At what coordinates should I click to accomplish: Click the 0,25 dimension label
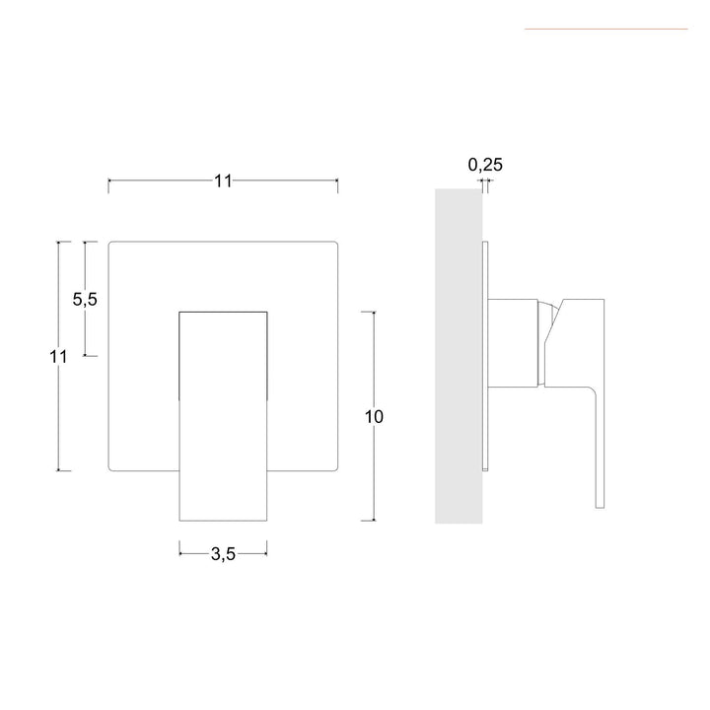click(485, 165)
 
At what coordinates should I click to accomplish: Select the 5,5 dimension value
click(85, 300)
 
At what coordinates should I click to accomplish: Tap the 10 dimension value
click(373, 416)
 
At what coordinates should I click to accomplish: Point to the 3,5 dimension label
click(223, 553)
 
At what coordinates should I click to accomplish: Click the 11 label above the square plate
click(222, 180)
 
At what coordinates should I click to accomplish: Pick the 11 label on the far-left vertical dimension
click(58, 357)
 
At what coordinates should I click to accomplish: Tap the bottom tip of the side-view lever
click(599, 507)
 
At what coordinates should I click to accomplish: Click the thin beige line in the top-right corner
click(605, 29)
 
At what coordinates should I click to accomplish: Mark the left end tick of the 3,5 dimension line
click(179, 553)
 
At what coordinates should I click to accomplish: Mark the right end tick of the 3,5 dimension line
click(267, 553)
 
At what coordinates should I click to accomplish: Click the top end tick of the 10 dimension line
click(373, 312)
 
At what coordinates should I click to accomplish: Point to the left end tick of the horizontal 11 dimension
click(108, 180)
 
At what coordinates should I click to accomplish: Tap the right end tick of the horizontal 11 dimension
click(337, 180)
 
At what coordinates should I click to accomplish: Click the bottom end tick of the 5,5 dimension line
click(85, 355)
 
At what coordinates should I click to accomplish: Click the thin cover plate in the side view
click(485, 355)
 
